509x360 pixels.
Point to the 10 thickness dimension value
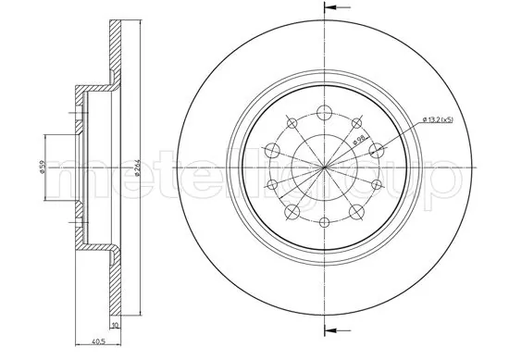tap(115, 326)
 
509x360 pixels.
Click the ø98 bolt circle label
tap(360, 142)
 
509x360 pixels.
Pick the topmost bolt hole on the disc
tap(326, 113)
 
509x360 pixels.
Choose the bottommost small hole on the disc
tap(326, 223)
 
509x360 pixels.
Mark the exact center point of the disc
tap(326, 168)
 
